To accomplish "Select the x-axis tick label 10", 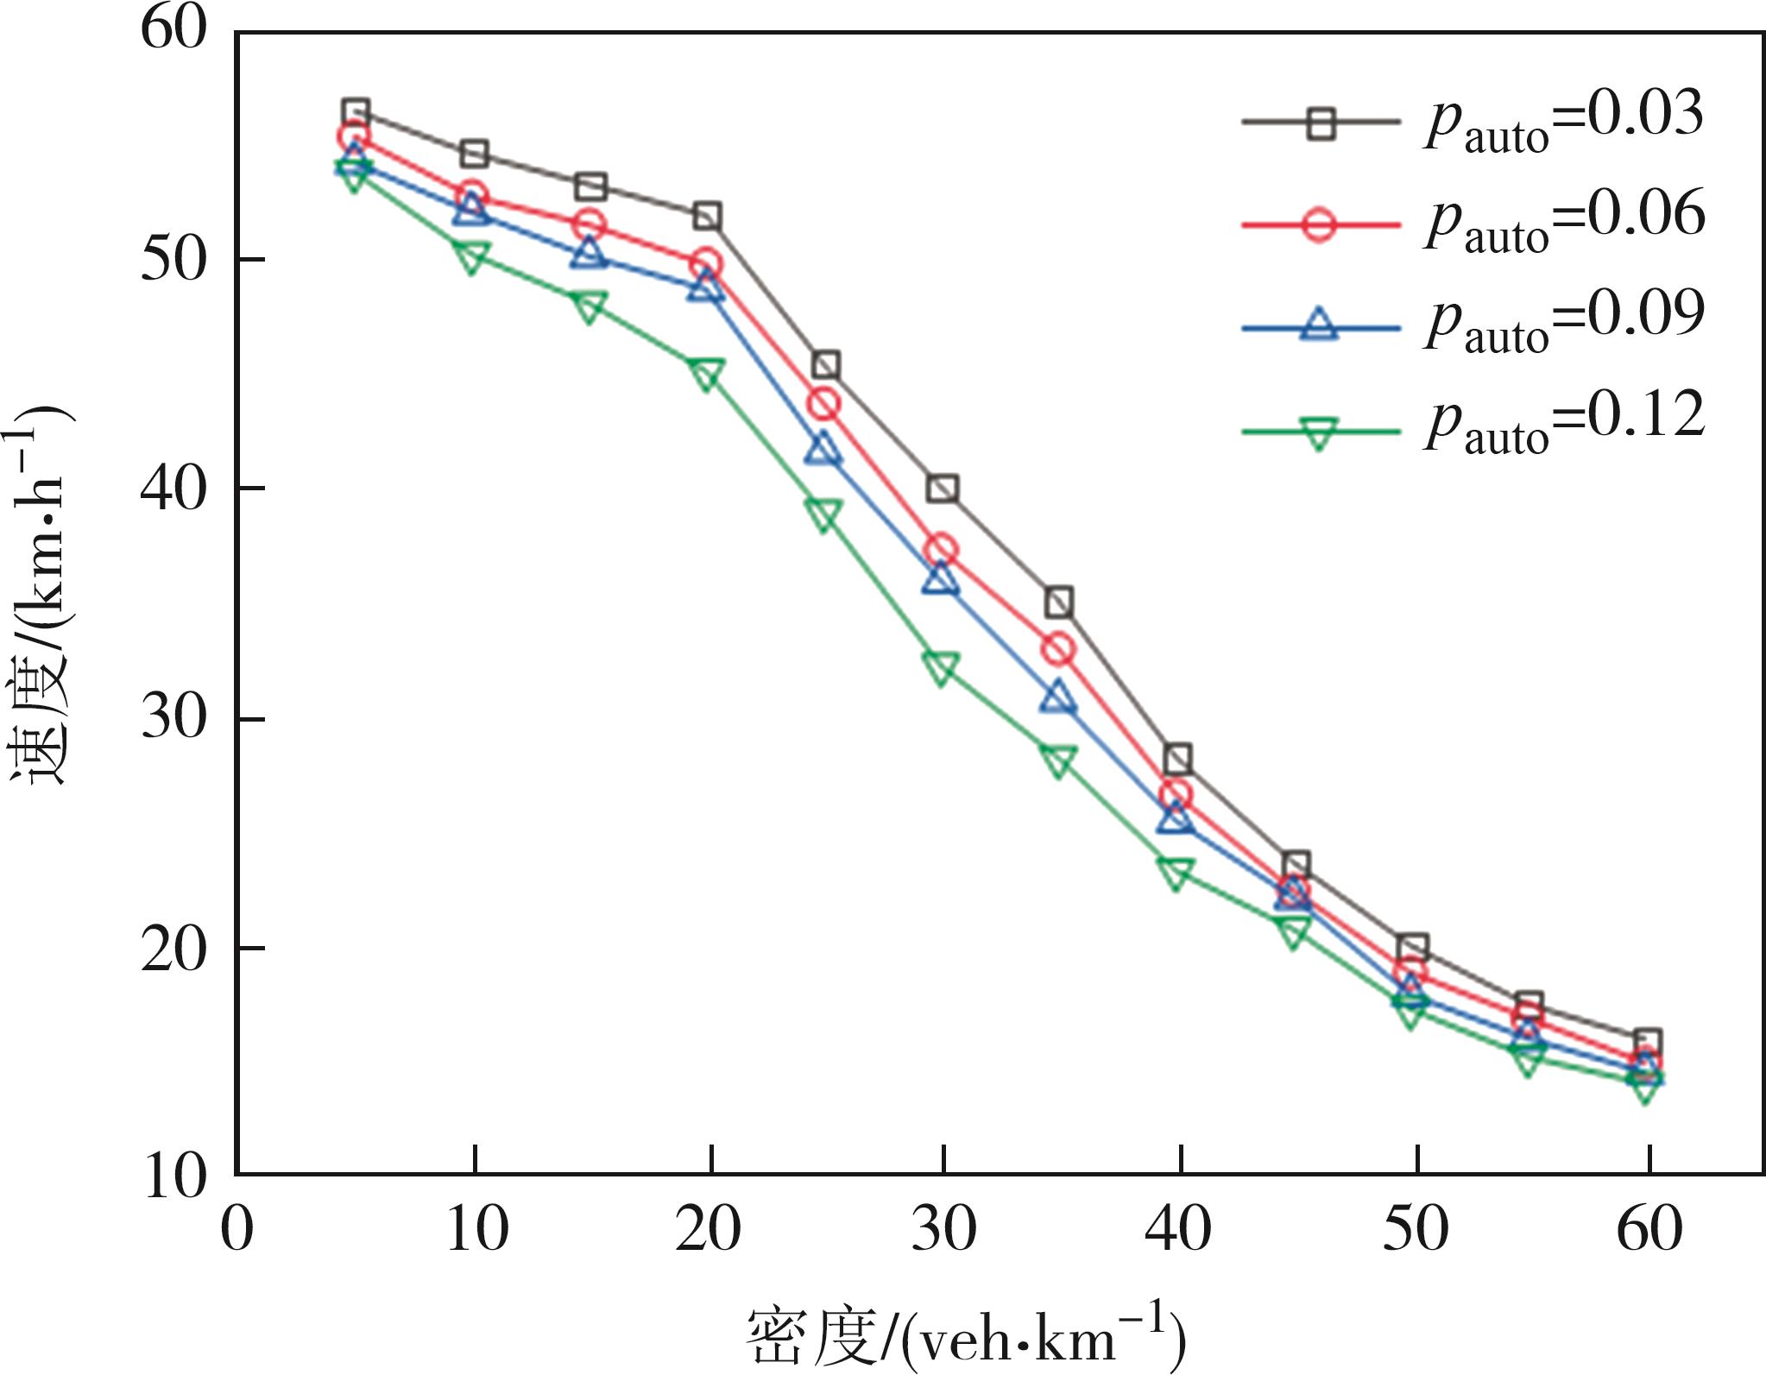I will click(x=476, y=1229).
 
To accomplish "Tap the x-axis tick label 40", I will click(x=1179, y=1229).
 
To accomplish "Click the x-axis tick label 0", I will click(x=237, y=1229).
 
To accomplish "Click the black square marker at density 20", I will click(x=707, y=216).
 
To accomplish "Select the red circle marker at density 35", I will click(x=1059, y=649).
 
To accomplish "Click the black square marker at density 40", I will click(x=1178, y=760).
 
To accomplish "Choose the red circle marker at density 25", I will click(x=823, y=403).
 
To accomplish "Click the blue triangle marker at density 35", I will click(x=1058, y=697).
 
